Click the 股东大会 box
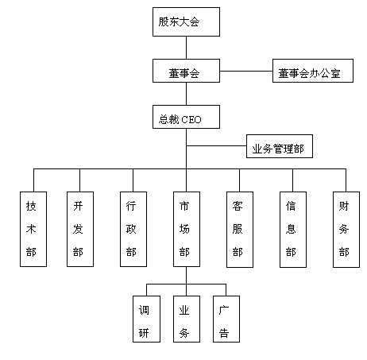pos(186,21)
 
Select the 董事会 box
pos(186,71)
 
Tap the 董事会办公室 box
pos(313,71)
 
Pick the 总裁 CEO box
pos(186,117)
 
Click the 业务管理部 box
pos(280,146)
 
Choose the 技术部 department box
pos(33,229)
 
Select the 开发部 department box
pos(80,229)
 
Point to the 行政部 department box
pos(133,229)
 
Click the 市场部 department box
pos(187,229)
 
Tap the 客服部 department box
pos(240,230)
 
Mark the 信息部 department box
pos(293,230)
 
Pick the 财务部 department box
pos(346,230)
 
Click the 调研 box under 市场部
pos(146,319)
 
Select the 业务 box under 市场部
pos(187,319)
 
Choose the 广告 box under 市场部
pos(226,319)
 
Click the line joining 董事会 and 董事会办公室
pos(246,71)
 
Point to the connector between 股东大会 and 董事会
pos(186,48)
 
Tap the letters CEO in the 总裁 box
pos(191,120)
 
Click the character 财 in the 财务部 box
pos(344,206)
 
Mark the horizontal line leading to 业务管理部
pos(216,145)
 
